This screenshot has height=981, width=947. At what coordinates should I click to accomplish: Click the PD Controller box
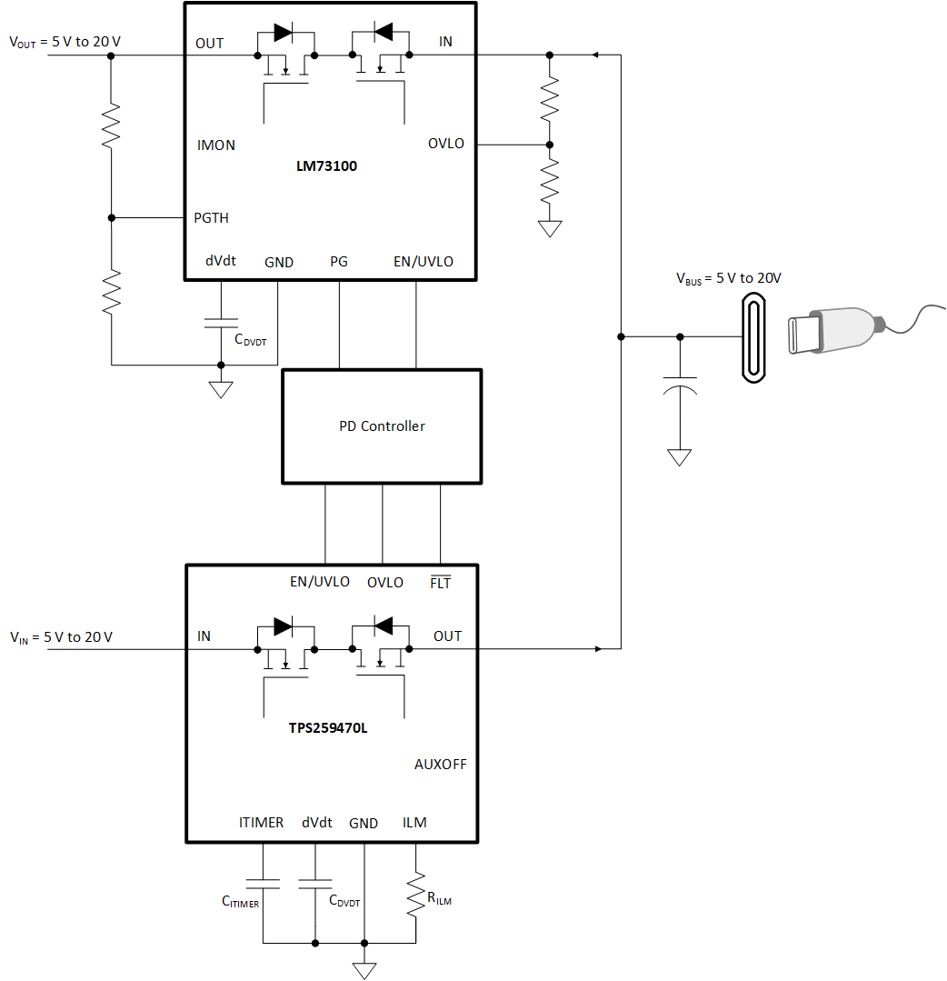click(x=382, y=426)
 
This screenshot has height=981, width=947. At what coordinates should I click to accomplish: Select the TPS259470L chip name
click(x=329, y=727)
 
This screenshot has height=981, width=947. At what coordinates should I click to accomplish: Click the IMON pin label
click(x=216, y=145)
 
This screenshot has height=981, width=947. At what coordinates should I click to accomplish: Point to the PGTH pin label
click(x=212, y=218)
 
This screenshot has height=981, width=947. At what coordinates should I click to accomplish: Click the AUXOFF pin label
click(x=440, y=765)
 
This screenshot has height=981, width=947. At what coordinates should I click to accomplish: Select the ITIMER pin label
click(x=261, y=823)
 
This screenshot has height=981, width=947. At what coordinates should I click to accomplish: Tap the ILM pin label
click(x=414, y=823)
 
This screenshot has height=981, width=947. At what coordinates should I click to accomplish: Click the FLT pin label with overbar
click(x=440, y=583)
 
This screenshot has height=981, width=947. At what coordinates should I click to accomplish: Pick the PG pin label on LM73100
click(x=338, y=262)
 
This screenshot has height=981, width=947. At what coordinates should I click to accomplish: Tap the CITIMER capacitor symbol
click(x=263, y=882)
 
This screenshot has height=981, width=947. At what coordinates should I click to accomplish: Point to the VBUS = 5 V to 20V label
click(x=728, y=278)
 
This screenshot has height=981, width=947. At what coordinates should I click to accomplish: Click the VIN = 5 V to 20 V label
click(x=61, y=636)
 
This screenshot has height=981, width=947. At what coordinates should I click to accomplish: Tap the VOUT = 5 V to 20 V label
click(x=65, y=42)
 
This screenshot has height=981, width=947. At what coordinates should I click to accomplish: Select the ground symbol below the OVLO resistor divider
click(x=550, y=228)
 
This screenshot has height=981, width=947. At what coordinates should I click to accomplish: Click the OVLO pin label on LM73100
click(x=446, y=144)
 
